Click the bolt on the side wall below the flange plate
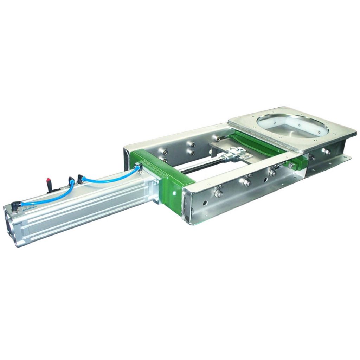326,152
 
